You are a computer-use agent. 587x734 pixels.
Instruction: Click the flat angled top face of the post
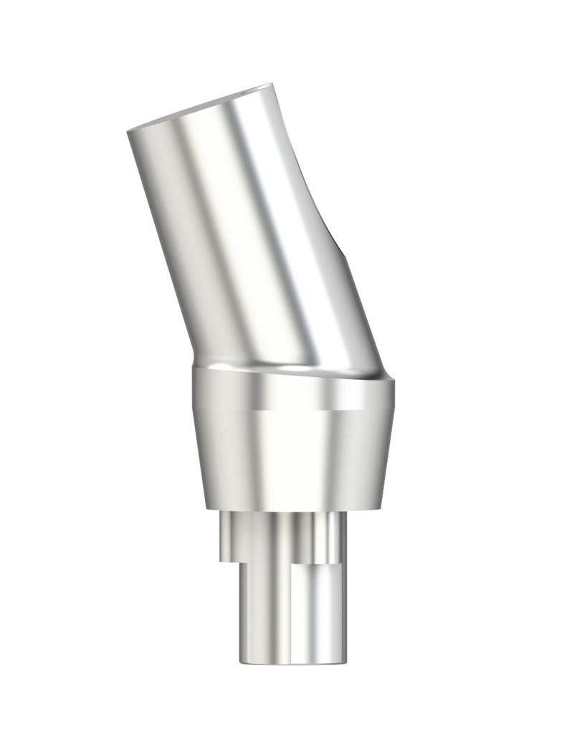[x=201, y=108]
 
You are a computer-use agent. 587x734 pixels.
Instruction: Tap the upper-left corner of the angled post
[x=129, y=132]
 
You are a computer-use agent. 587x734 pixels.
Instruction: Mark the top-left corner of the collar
[x=194, y=369]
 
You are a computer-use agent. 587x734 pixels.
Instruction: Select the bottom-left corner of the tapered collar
[x=206, y=508]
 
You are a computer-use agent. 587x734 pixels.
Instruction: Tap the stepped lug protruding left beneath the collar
[x=228, y=538]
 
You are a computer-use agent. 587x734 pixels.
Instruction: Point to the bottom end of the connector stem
[x=290, y=661]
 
